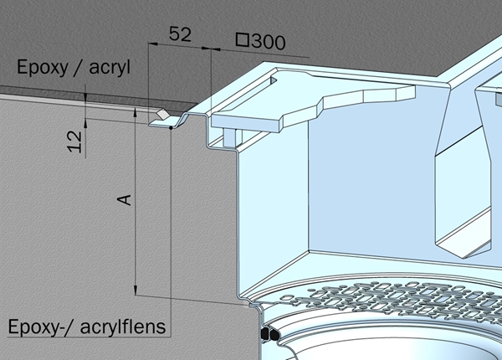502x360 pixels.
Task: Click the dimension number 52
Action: (180, 34)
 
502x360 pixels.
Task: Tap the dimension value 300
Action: (269, 42)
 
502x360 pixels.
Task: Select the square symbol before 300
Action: (243, 39)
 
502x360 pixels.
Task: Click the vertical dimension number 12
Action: (74, 141)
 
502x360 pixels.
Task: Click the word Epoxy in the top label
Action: (43, 68)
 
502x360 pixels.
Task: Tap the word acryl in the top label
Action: (110, 68)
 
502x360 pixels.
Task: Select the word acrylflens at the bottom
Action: (123, 327)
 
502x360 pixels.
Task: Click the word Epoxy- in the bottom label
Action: (34, 327)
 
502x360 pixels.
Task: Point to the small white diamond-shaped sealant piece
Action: (162, 114)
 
